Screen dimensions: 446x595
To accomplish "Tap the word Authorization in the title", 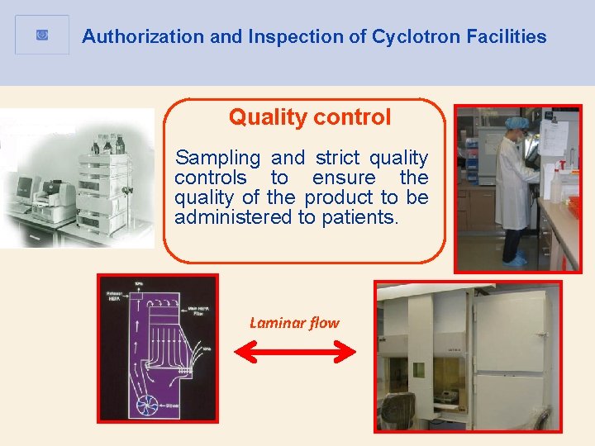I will tap(131, 36).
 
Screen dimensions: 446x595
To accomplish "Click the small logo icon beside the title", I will tap(42, 35).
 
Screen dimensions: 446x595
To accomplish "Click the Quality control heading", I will tap(310, 117).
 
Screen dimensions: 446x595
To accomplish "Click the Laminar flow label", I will tap(294, 323).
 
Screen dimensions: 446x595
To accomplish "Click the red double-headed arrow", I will tap(294, 353).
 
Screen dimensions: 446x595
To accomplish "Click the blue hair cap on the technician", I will tap(516, 122).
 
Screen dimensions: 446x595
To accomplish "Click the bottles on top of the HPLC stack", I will tap(107, 145).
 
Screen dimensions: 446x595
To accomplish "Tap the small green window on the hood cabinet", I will tap(419, 369).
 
